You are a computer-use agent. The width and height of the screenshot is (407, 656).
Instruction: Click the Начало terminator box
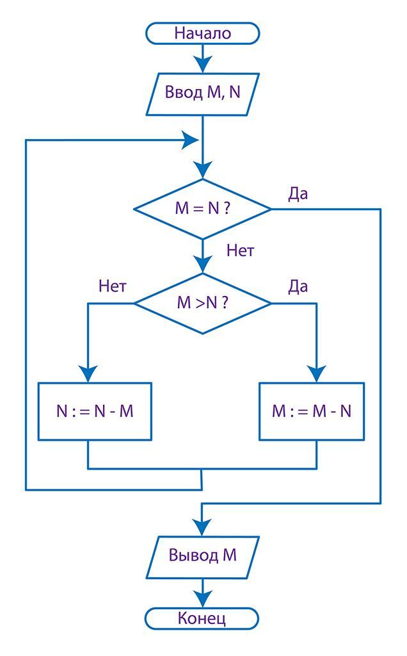click(x=202, y=33)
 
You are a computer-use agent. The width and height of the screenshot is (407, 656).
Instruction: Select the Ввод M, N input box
click(x=202, y=92)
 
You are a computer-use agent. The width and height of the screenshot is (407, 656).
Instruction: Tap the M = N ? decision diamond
click(x=202, y=209)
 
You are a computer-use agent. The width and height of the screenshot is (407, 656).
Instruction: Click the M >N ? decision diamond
click(x=202, y=302)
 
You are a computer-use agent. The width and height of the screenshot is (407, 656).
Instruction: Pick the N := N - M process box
click(x=95, y=411)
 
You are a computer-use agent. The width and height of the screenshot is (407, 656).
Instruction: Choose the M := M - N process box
click(x=311, y=411)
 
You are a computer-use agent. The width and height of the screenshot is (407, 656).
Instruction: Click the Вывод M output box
click(x=202, y=555)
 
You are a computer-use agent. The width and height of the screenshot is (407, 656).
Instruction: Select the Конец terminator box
click(x=202, y=619)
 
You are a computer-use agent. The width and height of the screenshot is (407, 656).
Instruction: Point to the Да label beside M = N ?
click(x=298, y=194)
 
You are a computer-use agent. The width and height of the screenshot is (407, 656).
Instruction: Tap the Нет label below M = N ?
click(x=240, y=251)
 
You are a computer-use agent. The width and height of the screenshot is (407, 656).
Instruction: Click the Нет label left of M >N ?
click(x=113, y=286)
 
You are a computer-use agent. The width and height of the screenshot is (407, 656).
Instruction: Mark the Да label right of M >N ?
click(x=298, y=286)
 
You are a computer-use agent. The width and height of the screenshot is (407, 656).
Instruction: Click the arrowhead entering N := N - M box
click(x=88, y=374)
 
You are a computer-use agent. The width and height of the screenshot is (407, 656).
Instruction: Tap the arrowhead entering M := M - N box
click(x=317, y=374)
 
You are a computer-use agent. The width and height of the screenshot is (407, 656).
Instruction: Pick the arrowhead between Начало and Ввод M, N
click(x=202, y=63)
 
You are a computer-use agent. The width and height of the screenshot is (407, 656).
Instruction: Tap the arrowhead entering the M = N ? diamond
click(x=202, y=170)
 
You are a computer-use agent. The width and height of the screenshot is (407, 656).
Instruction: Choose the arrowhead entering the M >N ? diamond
click(x=202, y=264)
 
